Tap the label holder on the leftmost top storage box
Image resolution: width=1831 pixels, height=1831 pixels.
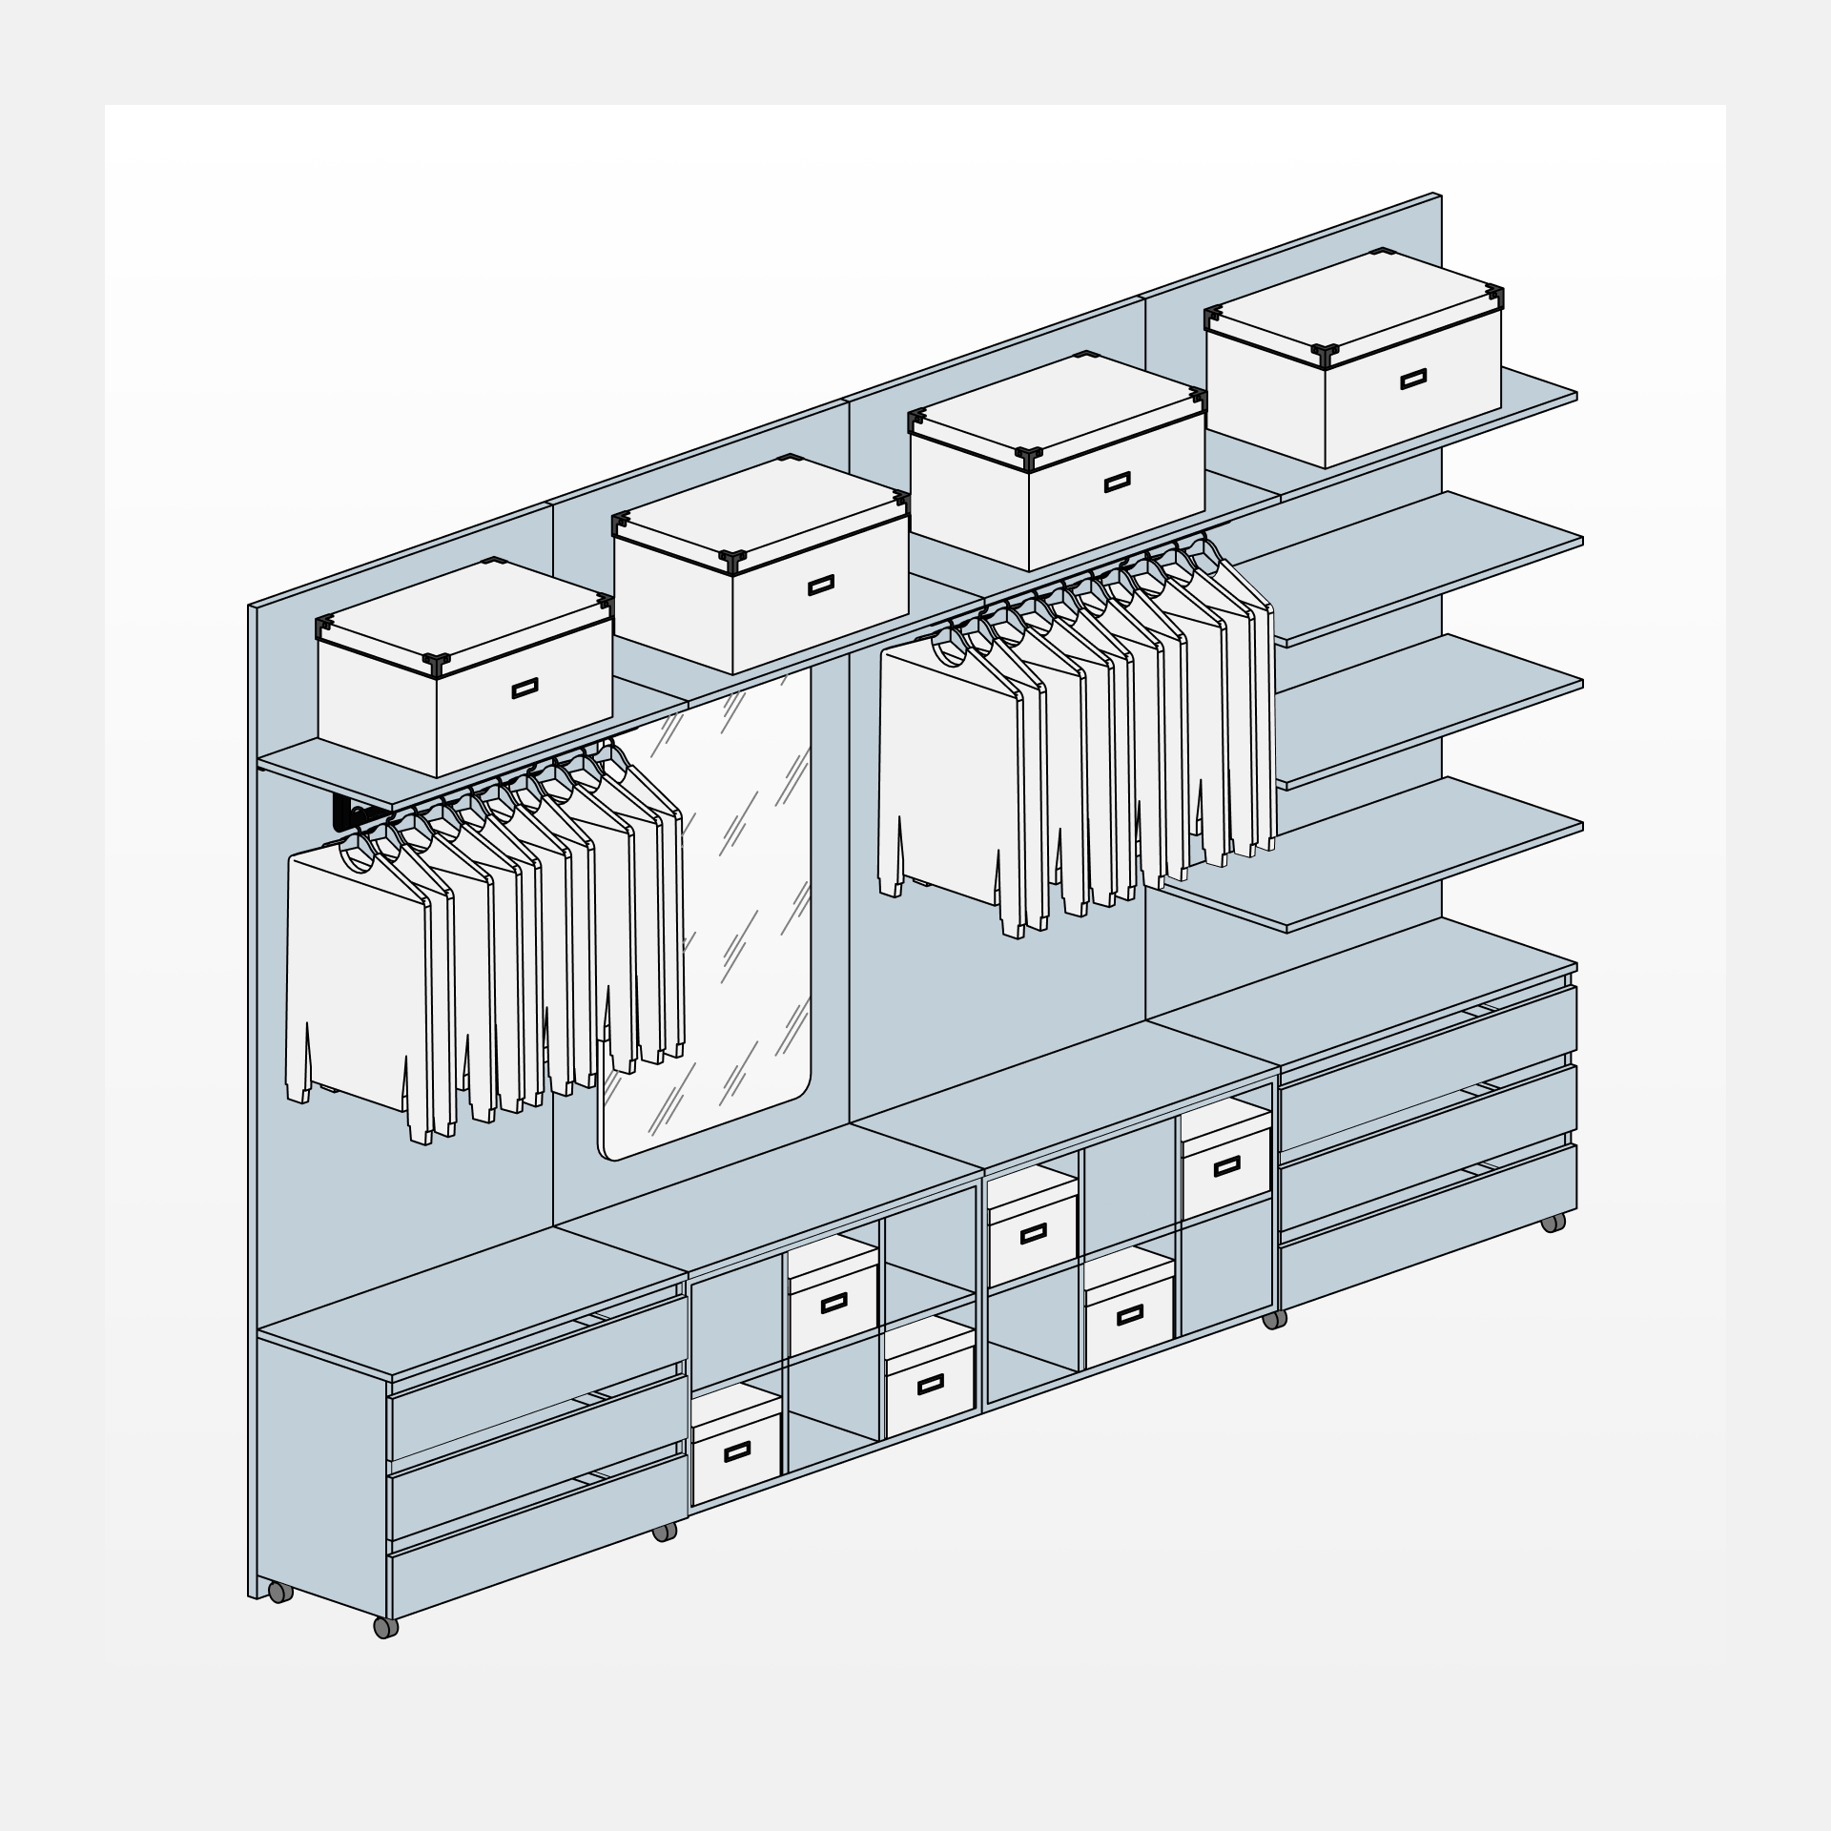(525, 688)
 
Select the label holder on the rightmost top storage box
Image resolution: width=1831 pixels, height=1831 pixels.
(1413, 379)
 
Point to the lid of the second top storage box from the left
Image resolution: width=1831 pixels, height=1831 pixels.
(758, 510)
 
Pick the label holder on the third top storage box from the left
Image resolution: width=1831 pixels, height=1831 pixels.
(1117, 483)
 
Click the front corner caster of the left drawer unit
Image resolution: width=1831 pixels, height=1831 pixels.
(384, 1627)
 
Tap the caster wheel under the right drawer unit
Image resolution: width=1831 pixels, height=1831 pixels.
(1553, 1223)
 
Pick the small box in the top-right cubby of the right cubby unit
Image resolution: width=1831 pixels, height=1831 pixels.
(1226, 1165)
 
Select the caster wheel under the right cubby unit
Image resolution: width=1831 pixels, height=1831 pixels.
(1273, 1321)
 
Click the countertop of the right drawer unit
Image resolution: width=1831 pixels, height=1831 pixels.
(1364, 992)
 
